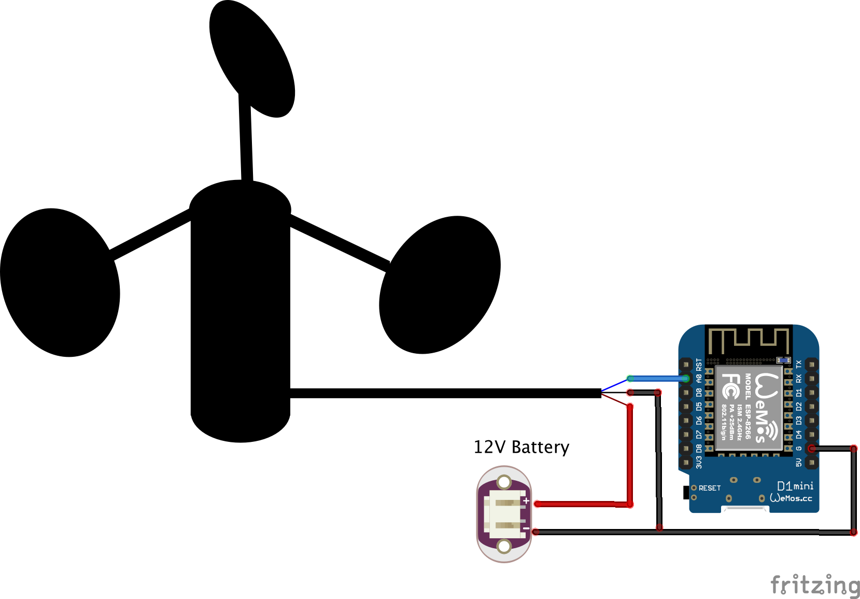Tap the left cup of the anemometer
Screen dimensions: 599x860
[x=60, y=283]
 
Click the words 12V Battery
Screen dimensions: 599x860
[x=521, y=447]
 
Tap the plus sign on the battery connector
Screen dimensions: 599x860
[x=526, y=501]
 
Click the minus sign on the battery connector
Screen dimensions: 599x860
[x=526, y=528]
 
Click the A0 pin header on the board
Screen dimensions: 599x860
[x=686, y=379]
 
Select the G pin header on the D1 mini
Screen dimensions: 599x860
[x=811, y=449]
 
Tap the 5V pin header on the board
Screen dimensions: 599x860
[x=811, y=462]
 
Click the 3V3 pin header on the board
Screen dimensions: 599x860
[x=686, y=462]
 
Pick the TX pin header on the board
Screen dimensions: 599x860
[x=811, y=365]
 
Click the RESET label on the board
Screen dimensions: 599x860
[x=709, y=488]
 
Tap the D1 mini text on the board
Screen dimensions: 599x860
[x=795, y=486]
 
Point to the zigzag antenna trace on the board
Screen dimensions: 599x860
[x=749, y=340]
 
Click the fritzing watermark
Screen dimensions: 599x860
[x=815, y=584]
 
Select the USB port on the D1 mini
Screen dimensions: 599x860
[x=745, y=509]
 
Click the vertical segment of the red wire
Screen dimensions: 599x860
[x=630, y=456]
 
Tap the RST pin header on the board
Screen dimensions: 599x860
[x=686, y=365]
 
